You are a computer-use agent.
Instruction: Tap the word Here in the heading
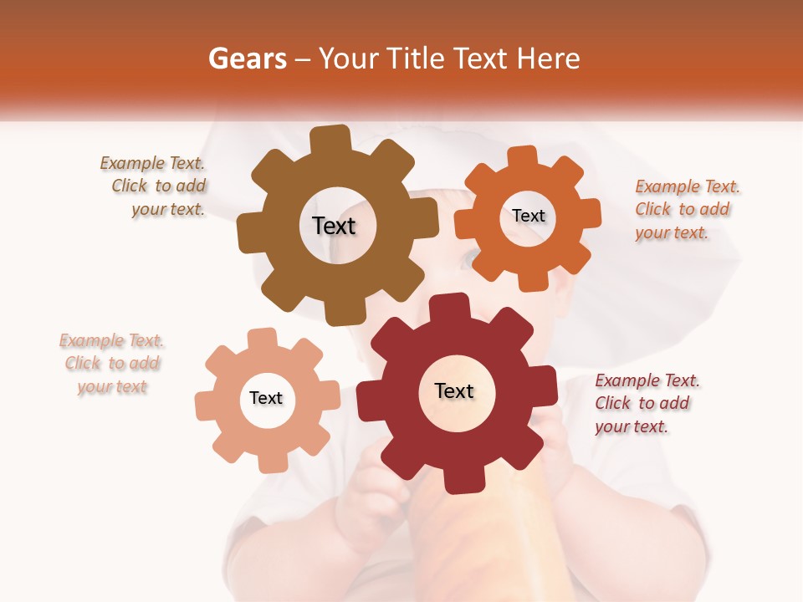pos(549,59)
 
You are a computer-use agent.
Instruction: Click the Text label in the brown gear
pos(334,226)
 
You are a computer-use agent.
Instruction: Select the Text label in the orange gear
pos(528,216)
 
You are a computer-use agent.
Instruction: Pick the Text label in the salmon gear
pos(266,398)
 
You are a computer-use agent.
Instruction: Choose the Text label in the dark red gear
pos(454,390)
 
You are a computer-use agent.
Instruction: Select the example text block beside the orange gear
pos(686,209)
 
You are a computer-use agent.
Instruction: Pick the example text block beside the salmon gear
pos(112,364)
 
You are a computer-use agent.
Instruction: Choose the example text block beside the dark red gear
pos(646,403)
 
